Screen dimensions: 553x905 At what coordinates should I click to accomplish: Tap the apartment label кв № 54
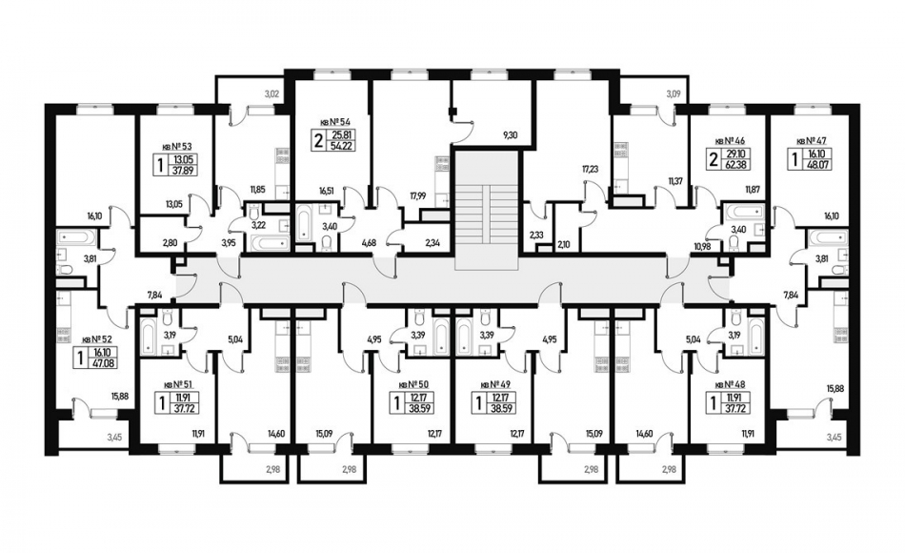point(336,124)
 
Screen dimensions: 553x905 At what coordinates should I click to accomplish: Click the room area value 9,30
point(512,136)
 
